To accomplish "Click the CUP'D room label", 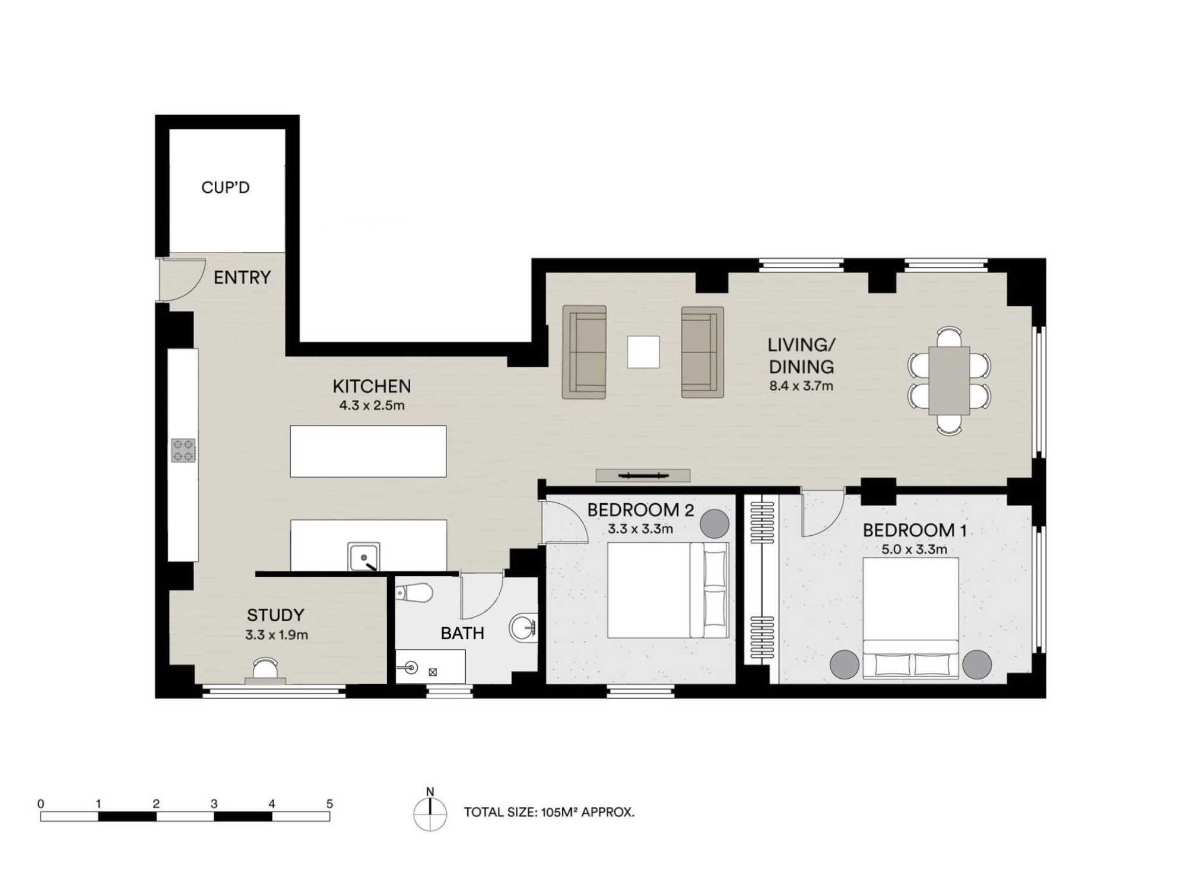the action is (x=226, y=187).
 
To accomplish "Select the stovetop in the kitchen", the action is (x=183, y=450).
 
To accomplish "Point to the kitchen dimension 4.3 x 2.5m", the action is (x=372, y=406).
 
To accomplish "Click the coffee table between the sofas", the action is (x=643, y=352).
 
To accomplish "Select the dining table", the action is (x=949, y=380).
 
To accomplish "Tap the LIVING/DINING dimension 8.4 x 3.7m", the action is (x=801, y=386).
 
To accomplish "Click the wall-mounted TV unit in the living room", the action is (x=643, y=475).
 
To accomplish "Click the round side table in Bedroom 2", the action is (x=715, y=524).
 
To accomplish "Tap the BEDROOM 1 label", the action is (x=915, y=530).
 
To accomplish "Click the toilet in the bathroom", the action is (x=414, y=592).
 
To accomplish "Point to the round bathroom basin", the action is (x=523, y=627).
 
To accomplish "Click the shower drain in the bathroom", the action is (x=433, y=672).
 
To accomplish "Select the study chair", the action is (x=265, y=669).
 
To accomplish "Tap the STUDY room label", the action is (x=275, y=615).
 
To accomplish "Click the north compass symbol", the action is (x=430, y=813).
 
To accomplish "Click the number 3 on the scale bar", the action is (x=214, y=803).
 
